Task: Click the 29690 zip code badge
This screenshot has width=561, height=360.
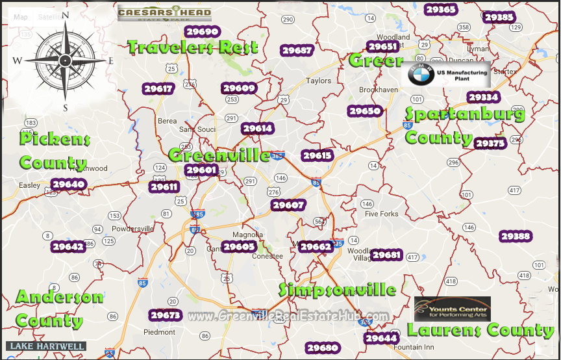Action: (x=201, y=31)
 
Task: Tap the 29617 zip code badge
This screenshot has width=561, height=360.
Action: (x=158, y=89)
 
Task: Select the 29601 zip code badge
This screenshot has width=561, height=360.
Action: (x=201, y=170)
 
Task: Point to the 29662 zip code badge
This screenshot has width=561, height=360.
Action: (x=317, y=246)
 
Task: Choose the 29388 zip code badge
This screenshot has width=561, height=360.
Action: (x=516, y=237)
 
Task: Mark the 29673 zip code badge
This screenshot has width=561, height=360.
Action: (x=165, y=315)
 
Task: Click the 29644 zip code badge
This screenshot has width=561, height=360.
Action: (x=381, y=338)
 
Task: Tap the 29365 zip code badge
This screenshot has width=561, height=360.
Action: (x=440, y=9)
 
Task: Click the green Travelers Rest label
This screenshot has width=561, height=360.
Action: (x=193, y=47)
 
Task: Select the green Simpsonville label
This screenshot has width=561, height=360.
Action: (x=338, y=290)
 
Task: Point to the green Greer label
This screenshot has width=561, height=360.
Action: (x=376, y=61)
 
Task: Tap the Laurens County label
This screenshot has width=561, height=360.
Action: (x=480, y=330)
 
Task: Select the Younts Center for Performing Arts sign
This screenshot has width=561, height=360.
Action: (x=448, y=308)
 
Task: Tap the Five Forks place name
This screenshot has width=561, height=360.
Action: (x=381, y=214)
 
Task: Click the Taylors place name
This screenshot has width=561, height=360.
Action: (x=319, y=81)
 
